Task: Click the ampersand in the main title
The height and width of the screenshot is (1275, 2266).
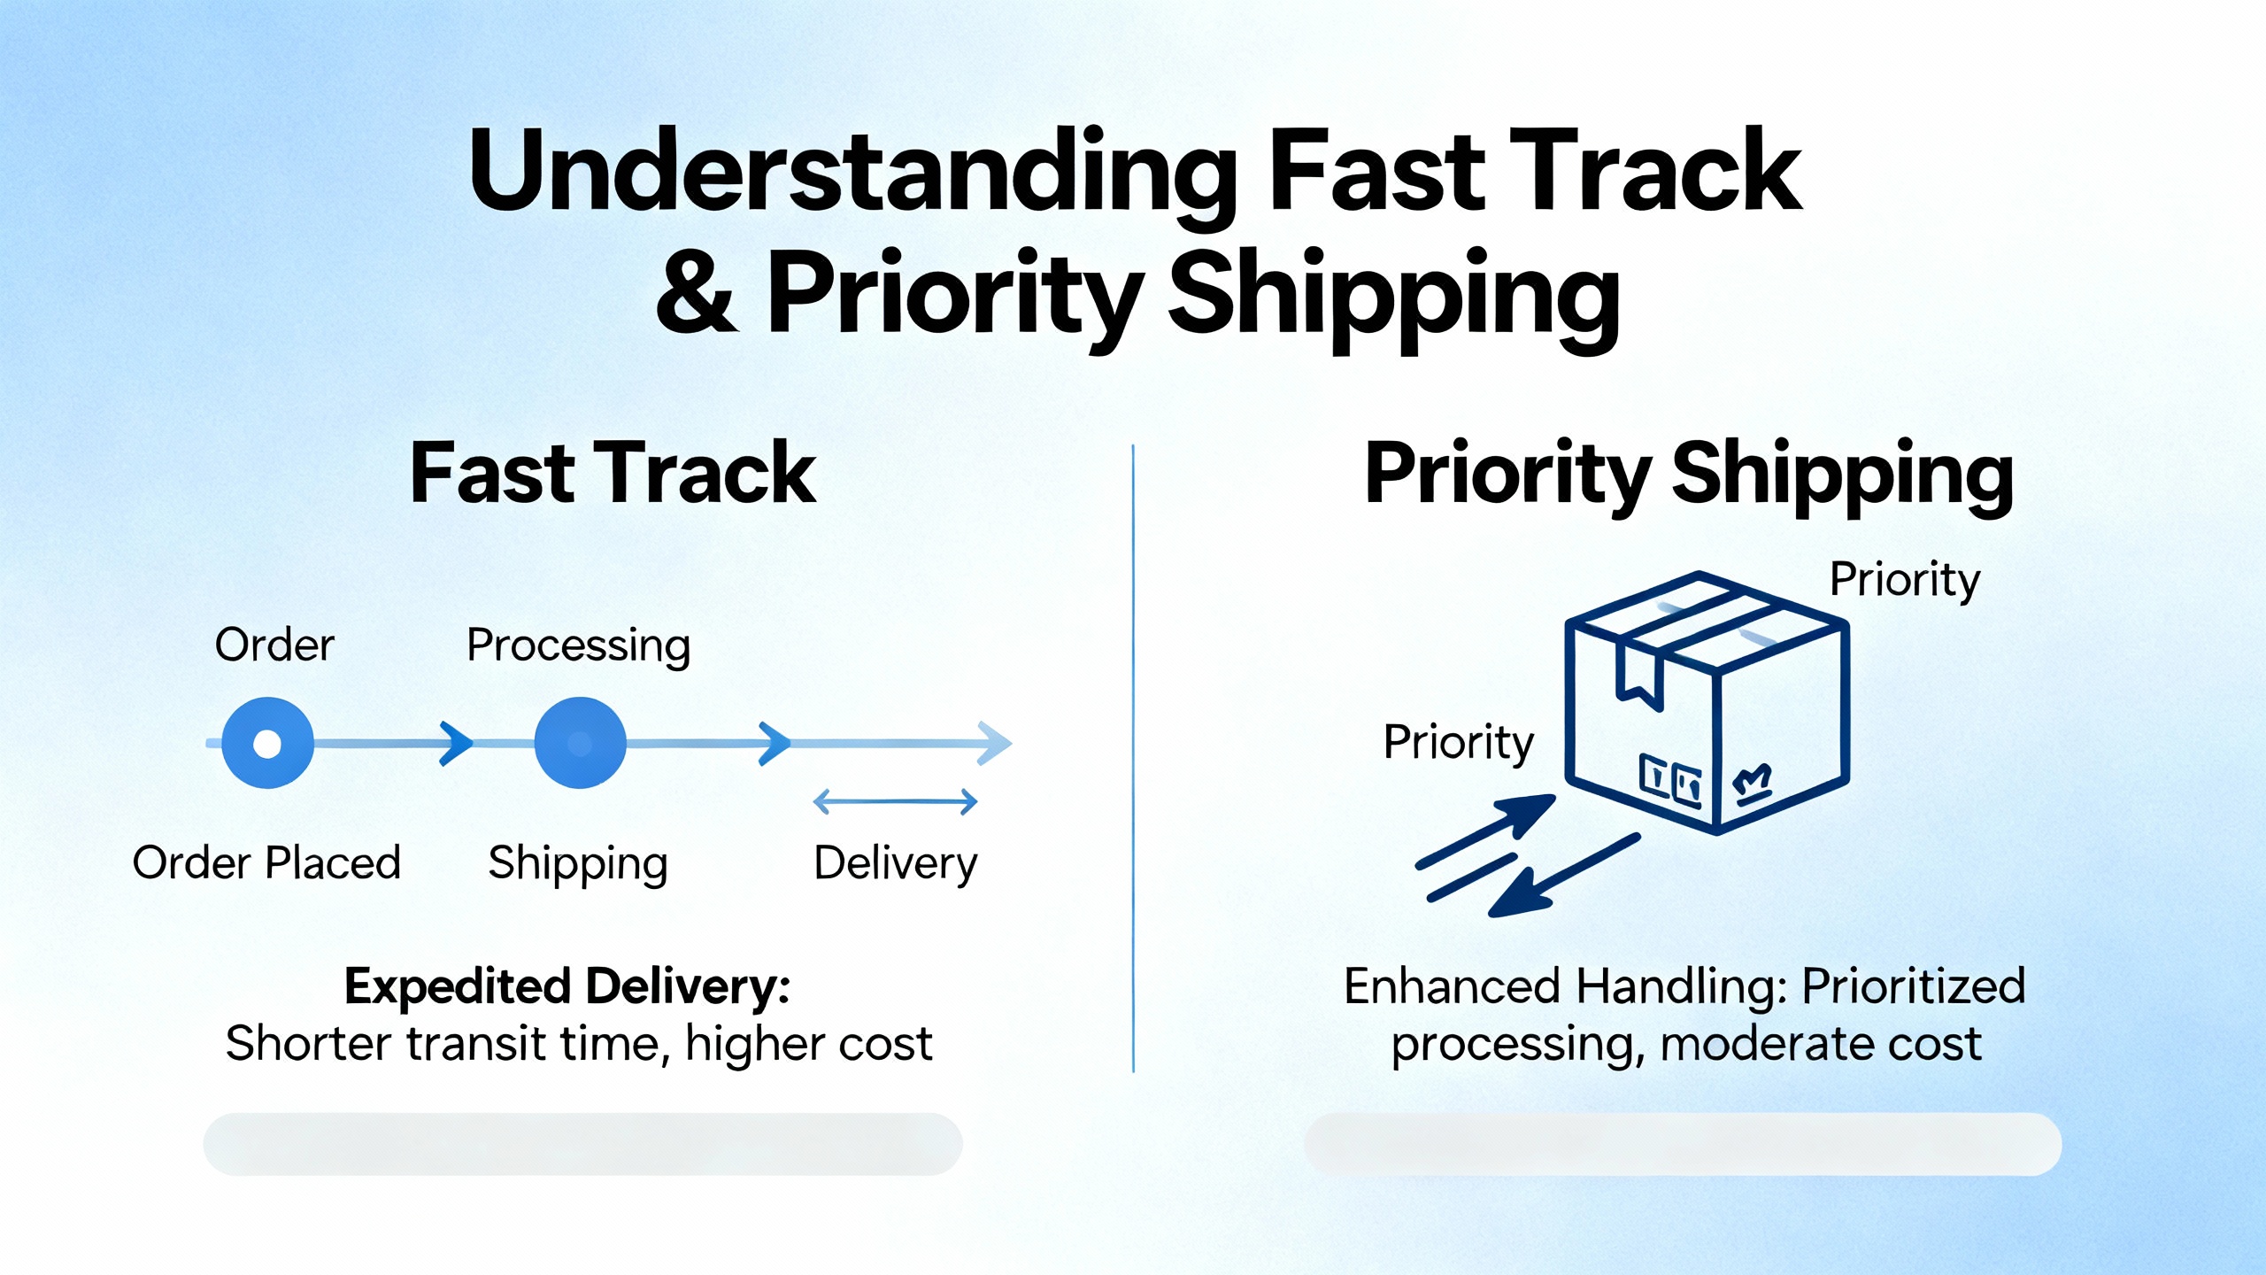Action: (x=697, y=293)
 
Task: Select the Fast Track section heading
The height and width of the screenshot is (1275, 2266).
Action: (x=613, y=475)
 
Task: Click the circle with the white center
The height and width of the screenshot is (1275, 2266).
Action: (x=267, y=743)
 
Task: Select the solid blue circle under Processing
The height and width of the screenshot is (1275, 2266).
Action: (x=580, y=743)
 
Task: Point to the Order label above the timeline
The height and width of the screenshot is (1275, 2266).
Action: (x=274, y=645)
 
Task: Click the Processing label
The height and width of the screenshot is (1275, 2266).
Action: (x=579, y=646)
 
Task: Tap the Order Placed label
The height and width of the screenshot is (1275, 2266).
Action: (x=266, y=862)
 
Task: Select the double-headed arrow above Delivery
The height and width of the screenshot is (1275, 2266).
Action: (x=895, y=802)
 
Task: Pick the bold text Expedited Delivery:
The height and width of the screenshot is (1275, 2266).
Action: (x=567, y=987)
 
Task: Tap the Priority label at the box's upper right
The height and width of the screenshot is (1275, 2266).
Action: (x=1905, y=582)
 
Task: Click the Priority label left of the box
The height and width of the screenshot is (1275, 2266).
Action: (x=1459, y=744)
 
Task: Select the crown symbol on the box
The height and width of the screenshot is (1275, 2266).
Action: (x=1752, y=783)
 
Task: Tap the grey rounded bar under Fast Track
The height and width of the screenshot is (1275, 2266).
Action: (x=582, y=1144)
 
